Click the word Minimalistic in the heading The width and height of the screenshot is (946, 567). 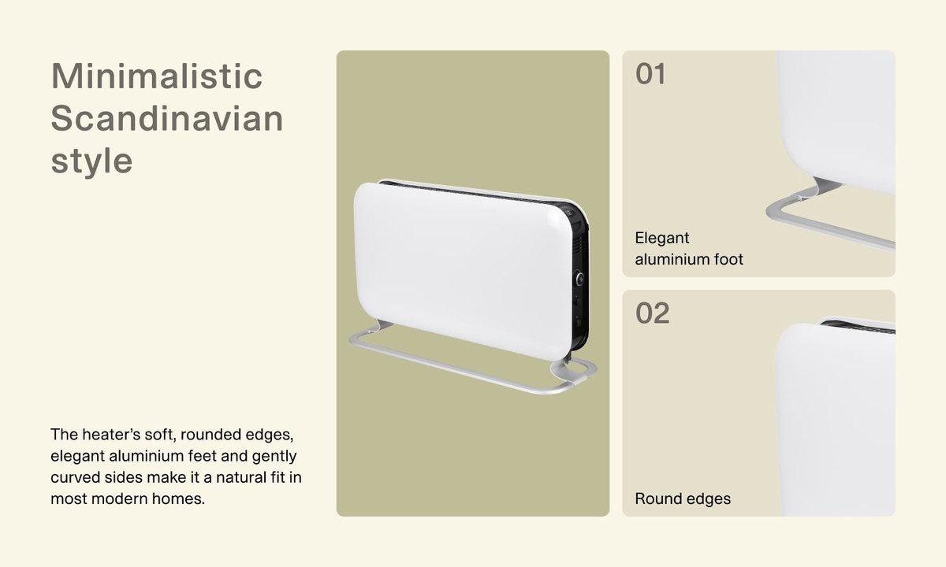pos(157,76)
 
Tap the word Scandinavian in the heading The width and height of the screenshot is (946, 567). pos(167,119)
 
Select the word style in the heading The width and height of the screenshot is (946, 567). pos(91,161)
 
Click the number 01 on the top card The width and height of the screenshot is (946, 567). pos(650,74)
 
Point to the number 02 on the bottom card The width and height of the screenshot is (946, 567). pos(653,313)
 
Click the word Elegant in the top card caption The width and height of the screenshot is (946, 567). pos(661,239)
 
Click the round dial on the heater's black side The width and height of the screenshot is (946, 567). pos(580,279)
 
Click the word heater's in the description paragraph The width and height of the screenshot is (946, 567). pos(111,434)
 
